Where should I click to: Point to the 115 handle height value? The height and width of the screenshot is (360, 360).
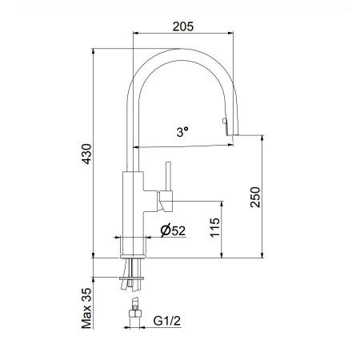coord(214,230)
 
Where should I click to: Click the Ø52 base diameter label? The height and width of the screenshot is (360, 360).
coord(174,230)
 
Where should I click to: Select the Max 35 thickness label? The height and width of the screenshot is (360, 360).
coord(86,310)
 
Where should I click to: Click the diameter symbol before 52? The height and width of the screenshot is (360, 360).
coord(162,230)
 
